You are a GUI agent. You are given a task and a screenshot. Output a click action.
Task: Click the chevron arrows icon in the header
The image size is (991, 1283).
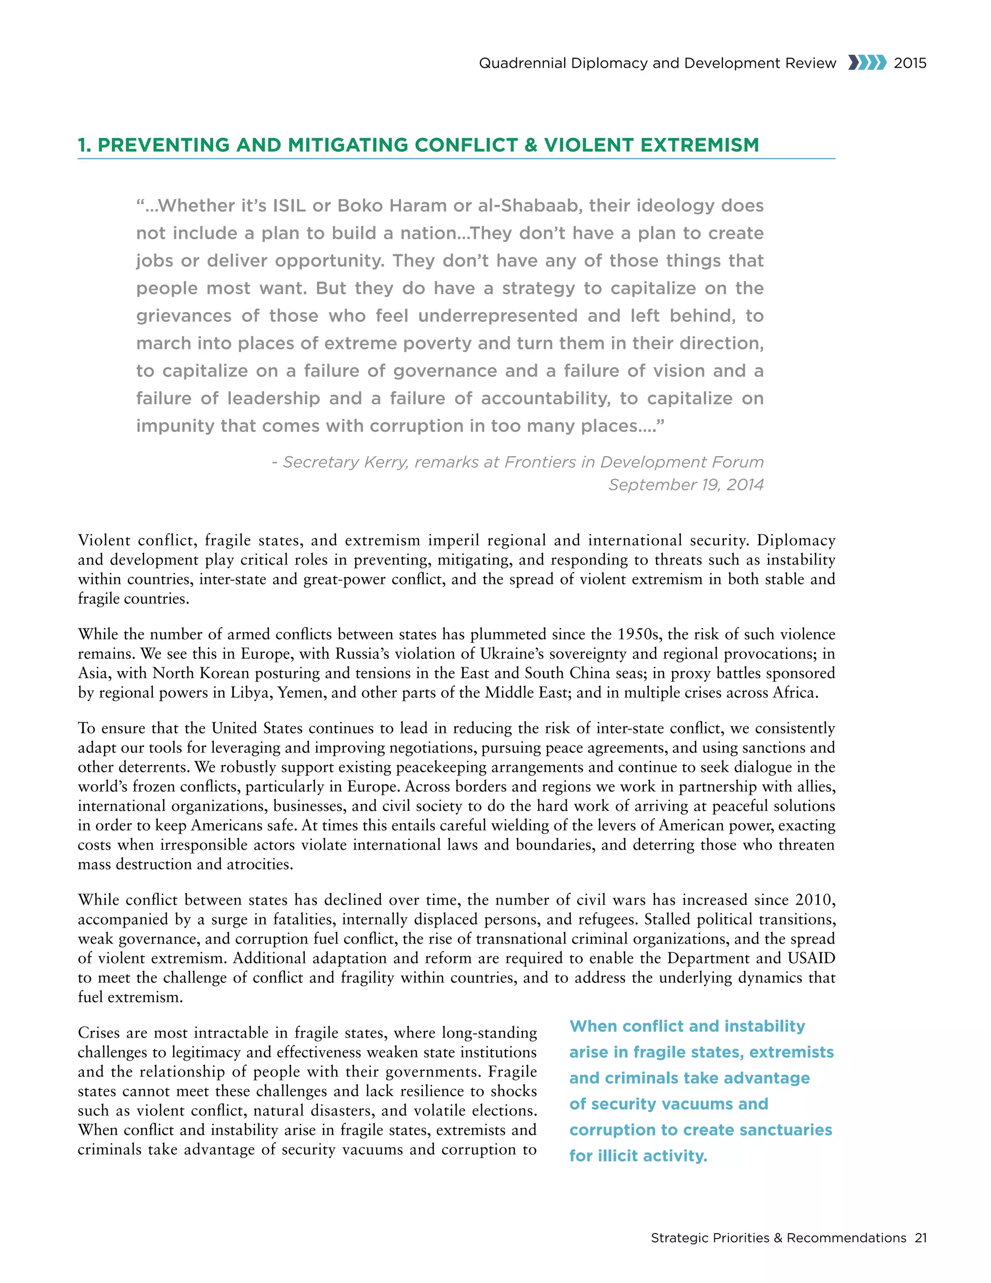(867, 63)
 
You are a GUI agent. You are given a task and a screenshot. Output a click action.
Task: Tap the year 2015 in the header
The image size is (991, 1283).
(910, 63)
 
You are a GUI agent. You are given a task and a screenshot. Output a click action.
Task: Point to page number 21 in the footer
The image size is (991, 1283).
(920, 1238)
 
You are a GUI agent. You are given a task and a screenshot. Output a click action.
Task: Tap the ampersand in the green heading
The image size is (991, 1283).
(531, 145)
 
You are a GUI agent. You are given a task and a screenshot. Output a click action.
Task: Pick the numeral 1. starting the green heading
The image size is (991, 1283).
(85, 145)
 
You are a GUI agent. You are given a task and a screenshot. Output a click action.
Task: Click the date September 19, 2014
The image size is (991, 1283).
(686, 485)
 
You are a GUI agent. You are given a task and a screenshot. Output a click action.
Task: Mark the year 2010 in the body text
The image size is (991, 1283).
(814, 900)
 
